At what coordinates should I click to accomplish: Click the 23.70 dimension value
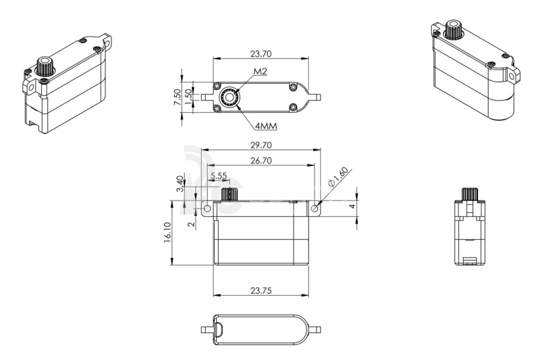pos(260,53)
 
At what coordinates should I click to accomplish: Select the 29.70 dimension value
pos(260,145)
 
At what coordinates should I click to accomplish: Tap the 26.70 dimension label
pos(260,161)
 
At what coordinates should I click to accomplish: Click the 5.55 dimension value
pos(218,176)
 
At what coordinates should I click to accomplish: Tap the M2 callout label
pos(260,72)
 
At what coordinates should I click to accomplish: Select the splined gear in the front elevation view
pos(232,195)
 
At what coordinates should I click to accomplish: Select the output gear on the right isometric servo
pos(454,30)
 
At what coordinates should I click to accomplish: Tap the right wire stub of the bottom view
pos(316,330)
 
